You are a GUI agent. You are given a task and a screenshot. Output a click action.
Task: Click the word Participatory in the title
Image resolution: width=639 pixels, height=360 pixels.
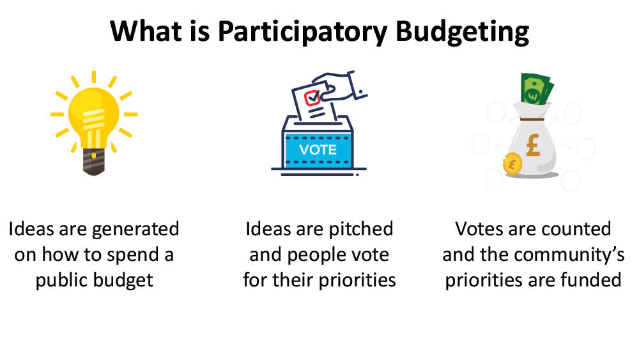click(x=302, y=32)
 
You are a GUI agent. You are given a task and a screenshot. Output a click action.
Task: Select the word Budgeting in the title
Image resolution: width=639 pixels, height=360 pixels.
click(x=462, y=32)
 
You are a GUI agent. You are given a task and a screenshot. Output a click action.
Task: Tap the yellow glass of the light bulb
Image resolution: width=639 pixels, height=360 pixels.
click(x=94, y=117)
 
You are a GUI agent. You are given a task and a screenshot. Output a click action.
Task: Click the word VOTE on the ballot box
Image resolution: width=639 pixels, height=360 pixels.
click(x=318, y=150)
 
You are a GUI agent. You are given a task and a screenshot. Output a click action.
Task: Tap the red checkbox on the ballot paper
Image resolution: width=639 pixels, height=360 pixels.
click(x=312, y=98)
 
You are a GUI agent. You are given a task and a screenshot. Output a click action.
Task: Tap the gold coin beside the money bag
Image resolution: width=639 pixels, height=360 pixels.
click(x=512, y=164)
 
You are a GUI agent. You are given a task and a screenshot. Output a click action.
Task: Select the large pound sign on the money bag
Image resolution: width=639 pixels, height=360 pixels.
click(x=533, y=145)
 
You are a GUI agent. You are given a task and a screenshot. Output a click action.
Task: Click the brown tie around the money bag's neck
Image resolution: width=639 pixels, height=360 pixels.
click(x=532, y=119)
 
